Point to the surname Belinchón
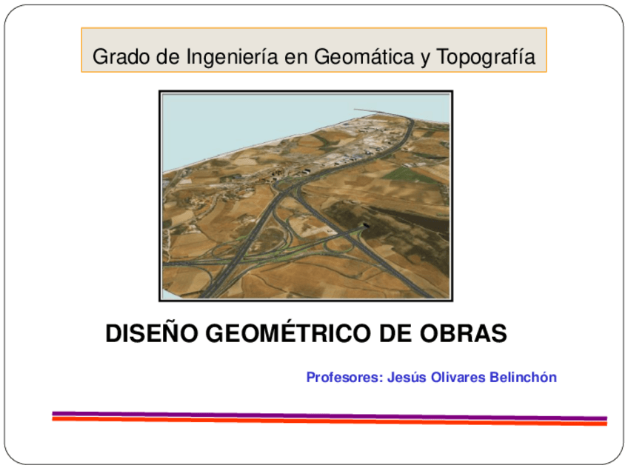(x=523, y=377)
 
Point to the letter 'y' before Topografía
(x=426, y=58)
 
